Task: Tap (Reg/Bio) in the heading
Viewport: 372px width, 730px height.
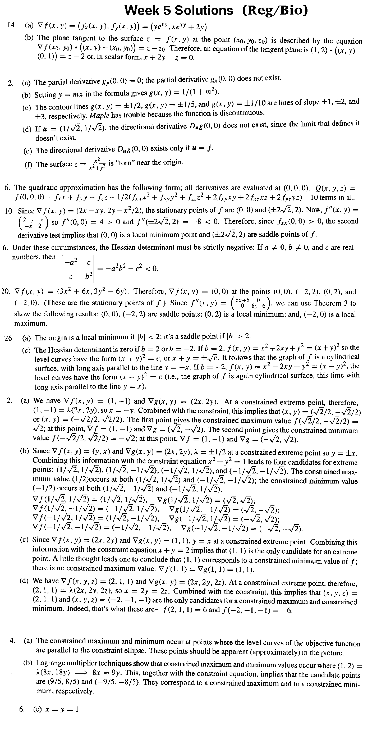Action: coord(274,11)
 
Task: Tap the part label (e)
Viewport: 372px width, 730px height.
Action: coord(27,150)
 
